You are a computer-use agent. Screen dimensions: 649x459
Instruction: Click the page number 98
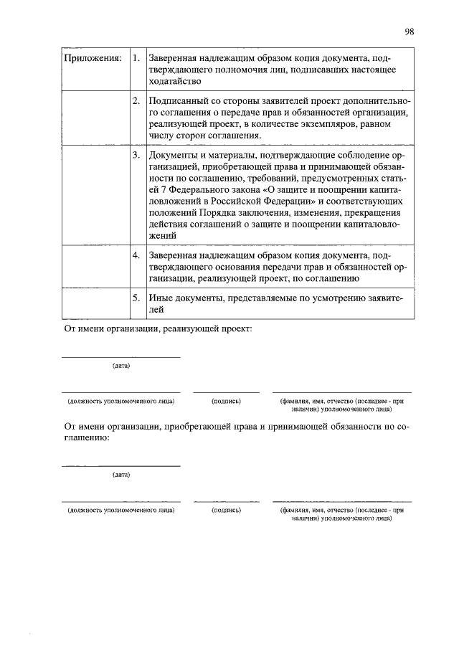pos(409,32)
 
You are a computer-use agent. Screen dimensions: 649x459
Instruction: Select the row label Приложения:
pos(93,57)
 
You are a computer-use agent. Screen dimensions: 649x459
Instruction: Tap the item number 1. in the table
pos(136,57)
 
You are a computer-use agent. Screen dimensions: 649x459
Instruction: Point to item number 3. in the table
pos(136,155)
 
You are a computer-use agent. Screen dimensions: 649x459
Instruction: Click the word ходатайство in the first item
pos(176,82)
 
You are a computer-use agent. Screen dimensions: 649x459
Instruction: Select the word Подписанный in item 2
pos(177,102)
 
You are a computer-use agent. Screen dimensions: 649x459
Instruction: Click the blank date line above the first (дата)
pos(120,357)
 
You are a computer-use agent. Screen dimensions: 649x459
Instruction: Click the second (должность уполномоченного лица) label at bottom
pos(120,511)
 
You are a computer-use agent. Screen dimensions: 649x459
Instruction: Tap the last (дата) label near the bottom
pos(120,474)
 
